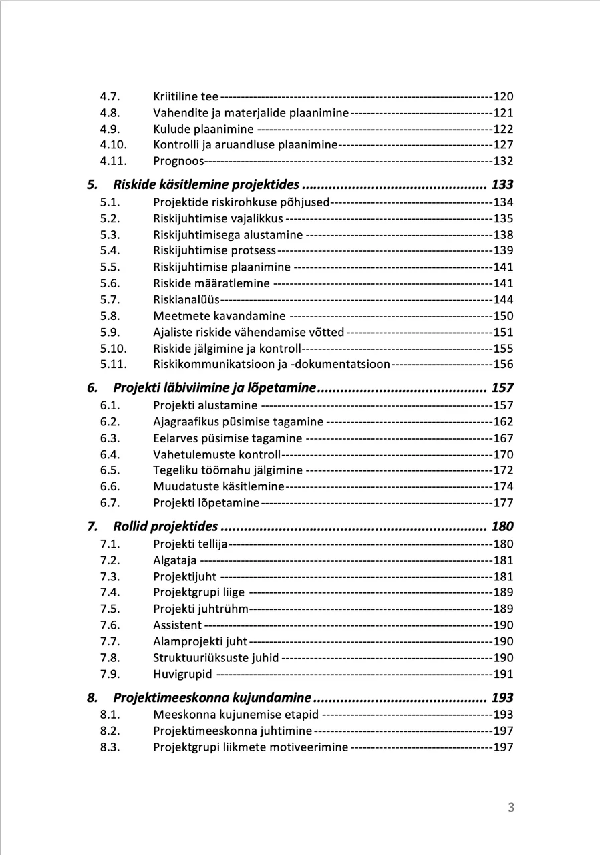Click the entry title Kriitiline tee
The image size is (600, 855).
click(x=186, y=96)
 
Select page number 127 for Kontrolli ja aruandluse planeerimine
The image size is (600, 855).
click(x=503, y=145)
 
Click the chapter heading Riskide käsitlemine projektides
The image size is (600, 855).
click(x=206, y=185)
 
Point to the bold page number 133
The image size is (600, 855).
click(x=502, y=185)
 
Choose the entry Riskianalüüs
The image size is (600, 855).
click(x=186, y=299)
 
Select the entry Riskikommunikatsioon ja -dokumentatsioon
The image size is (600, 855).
click(x=271, y=364)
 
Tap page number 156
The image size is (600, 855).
click(x=503, y=364)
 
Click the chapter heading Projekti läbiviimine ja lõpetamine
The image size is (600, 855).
click(x=214, y=388)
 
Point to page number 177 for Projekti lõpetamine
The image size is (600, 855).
click(x=503, y=503)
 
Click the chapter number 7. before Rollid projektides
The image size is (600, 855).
click(x=92, y=526)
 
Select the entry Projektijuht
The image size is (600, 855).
click(x=184, y=576)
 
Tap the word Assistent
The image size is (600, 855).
click(x=177, y=625)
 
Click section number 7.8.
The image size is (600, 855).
click(x=110, y=658)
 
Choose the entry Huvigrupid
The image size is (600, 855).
click(x=182, y=674)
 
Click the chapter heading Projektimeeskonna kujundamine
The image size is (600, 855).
click(x=212, y=698)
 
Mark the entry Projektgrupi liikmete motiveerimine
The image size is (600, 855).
click(x=251, y=747)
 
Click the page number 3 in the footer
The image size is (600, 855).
click(x=511, y=808)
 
